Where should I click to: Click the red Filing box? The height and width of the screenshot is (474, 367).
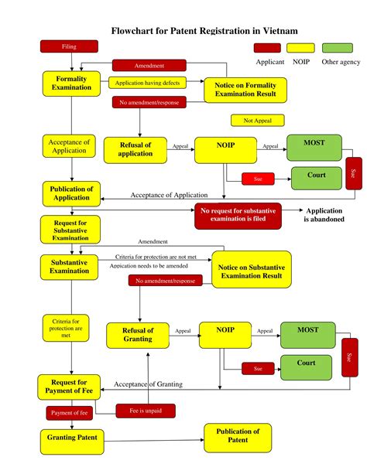click(x=69, y=46)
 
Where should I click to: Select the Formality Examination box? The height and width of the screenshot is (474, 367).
click(x=70, y=83)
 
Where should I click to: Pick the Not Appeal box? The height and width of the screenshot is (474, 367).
click(x=257, y=121)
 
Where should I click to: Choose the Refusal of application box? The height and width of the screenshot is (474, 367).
click(x=135, y=149)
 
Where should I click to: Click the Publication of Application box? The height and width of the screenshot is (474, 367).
click(x=71, y=193)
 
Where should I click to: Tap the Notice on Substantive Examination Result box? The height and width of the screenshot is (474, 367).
click(x=250, y=271)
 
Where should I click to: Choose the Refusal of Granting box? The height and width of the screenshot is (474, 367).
click(x=138, y=334)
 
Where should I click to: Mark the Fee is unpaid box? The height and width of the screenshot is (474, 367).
click(x=146, y=410)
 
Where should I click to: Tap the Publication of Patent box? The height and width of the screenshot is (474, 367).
click(x=238, y=435)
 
